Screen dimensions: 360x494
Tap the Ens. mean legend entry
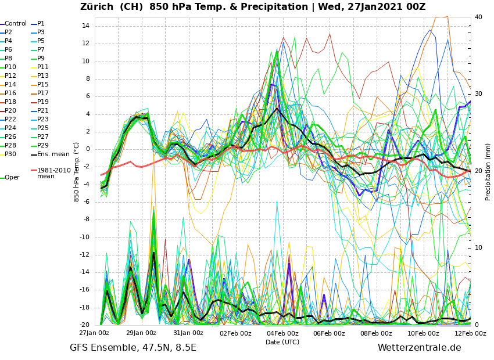point(53,154)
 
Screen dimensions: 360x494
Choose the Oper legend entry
point(12,178)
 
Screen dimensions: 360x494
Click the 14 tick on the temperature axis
point(85,26)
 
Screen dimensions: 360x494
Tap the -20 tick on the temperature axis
point(84,325)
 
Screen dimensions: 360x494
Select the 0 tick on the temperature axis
point(87,149)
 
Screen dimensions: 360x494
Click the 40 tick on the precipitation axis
point(478,17)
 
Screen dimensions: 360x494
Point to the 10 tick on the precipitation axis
point(478,248)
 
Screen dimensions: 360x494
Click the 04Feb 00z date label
point(282,333)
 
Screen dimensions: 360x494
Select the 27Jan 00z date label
point(94,333)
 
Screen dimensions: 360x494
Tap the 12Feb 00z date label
point(470,333)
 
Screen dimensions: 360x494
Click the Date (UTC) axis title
point(282,342)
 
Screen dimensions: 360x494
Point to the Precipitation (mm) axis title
point(488,172)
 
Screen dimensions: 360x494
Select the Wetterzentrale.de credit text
point(419,348)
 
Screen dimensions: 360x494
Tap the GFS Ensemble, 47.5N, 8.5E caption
point(133,348)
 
